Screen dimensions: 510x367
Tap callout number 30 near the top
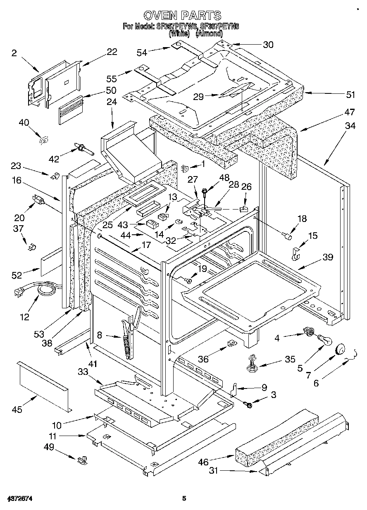[x=268, y=45]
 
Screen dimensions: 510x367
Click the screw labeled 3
[x=249, y=405]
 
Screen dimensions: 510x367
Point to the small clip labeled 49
[x=81, y=460]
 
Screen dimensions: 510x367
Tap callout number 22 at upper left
[x=112, y=52]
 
